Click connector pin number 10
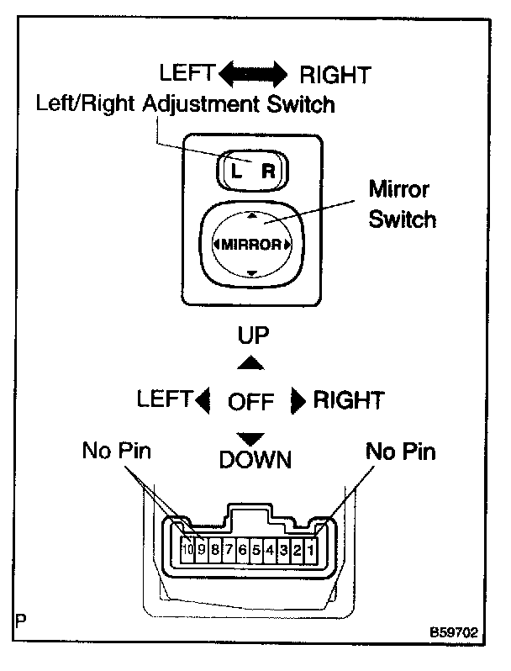click(187, 551)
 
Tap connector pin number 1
click(310, 551)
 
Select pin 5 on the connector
click(255, 551)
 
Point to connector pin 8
click(215, 551)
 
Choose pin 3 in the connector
click(283, 551)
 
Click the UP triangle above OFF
click(250, 363)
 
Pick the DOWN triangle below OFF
click(250, 437)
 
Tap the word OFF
click(251, 401)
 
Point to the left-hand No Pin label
click(116, 452)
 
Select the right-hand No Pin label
click(400, 452)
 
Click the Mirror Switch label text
click(403, 203)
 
